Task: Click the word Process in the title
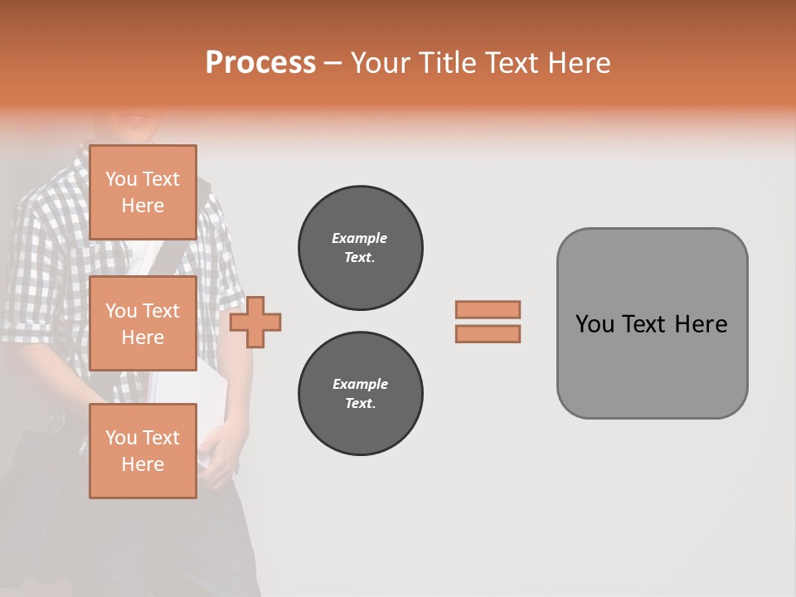[260, 63]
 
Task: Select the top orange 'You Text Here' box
[143, 192]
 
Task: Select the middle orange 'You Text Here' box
[143, 323]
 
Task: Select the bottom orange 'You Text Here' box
[143, 451]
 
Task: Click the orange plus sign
[255, 323]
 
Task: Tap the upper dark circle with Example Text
[360, 248]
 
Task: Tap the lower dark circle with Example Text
[360, 394]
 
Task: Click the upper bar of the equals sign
[488, 309]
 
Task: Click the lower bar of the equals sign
[488, 334]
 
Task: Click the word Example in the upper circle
[360, 238]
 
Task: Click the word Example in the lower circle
[360, 384]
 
